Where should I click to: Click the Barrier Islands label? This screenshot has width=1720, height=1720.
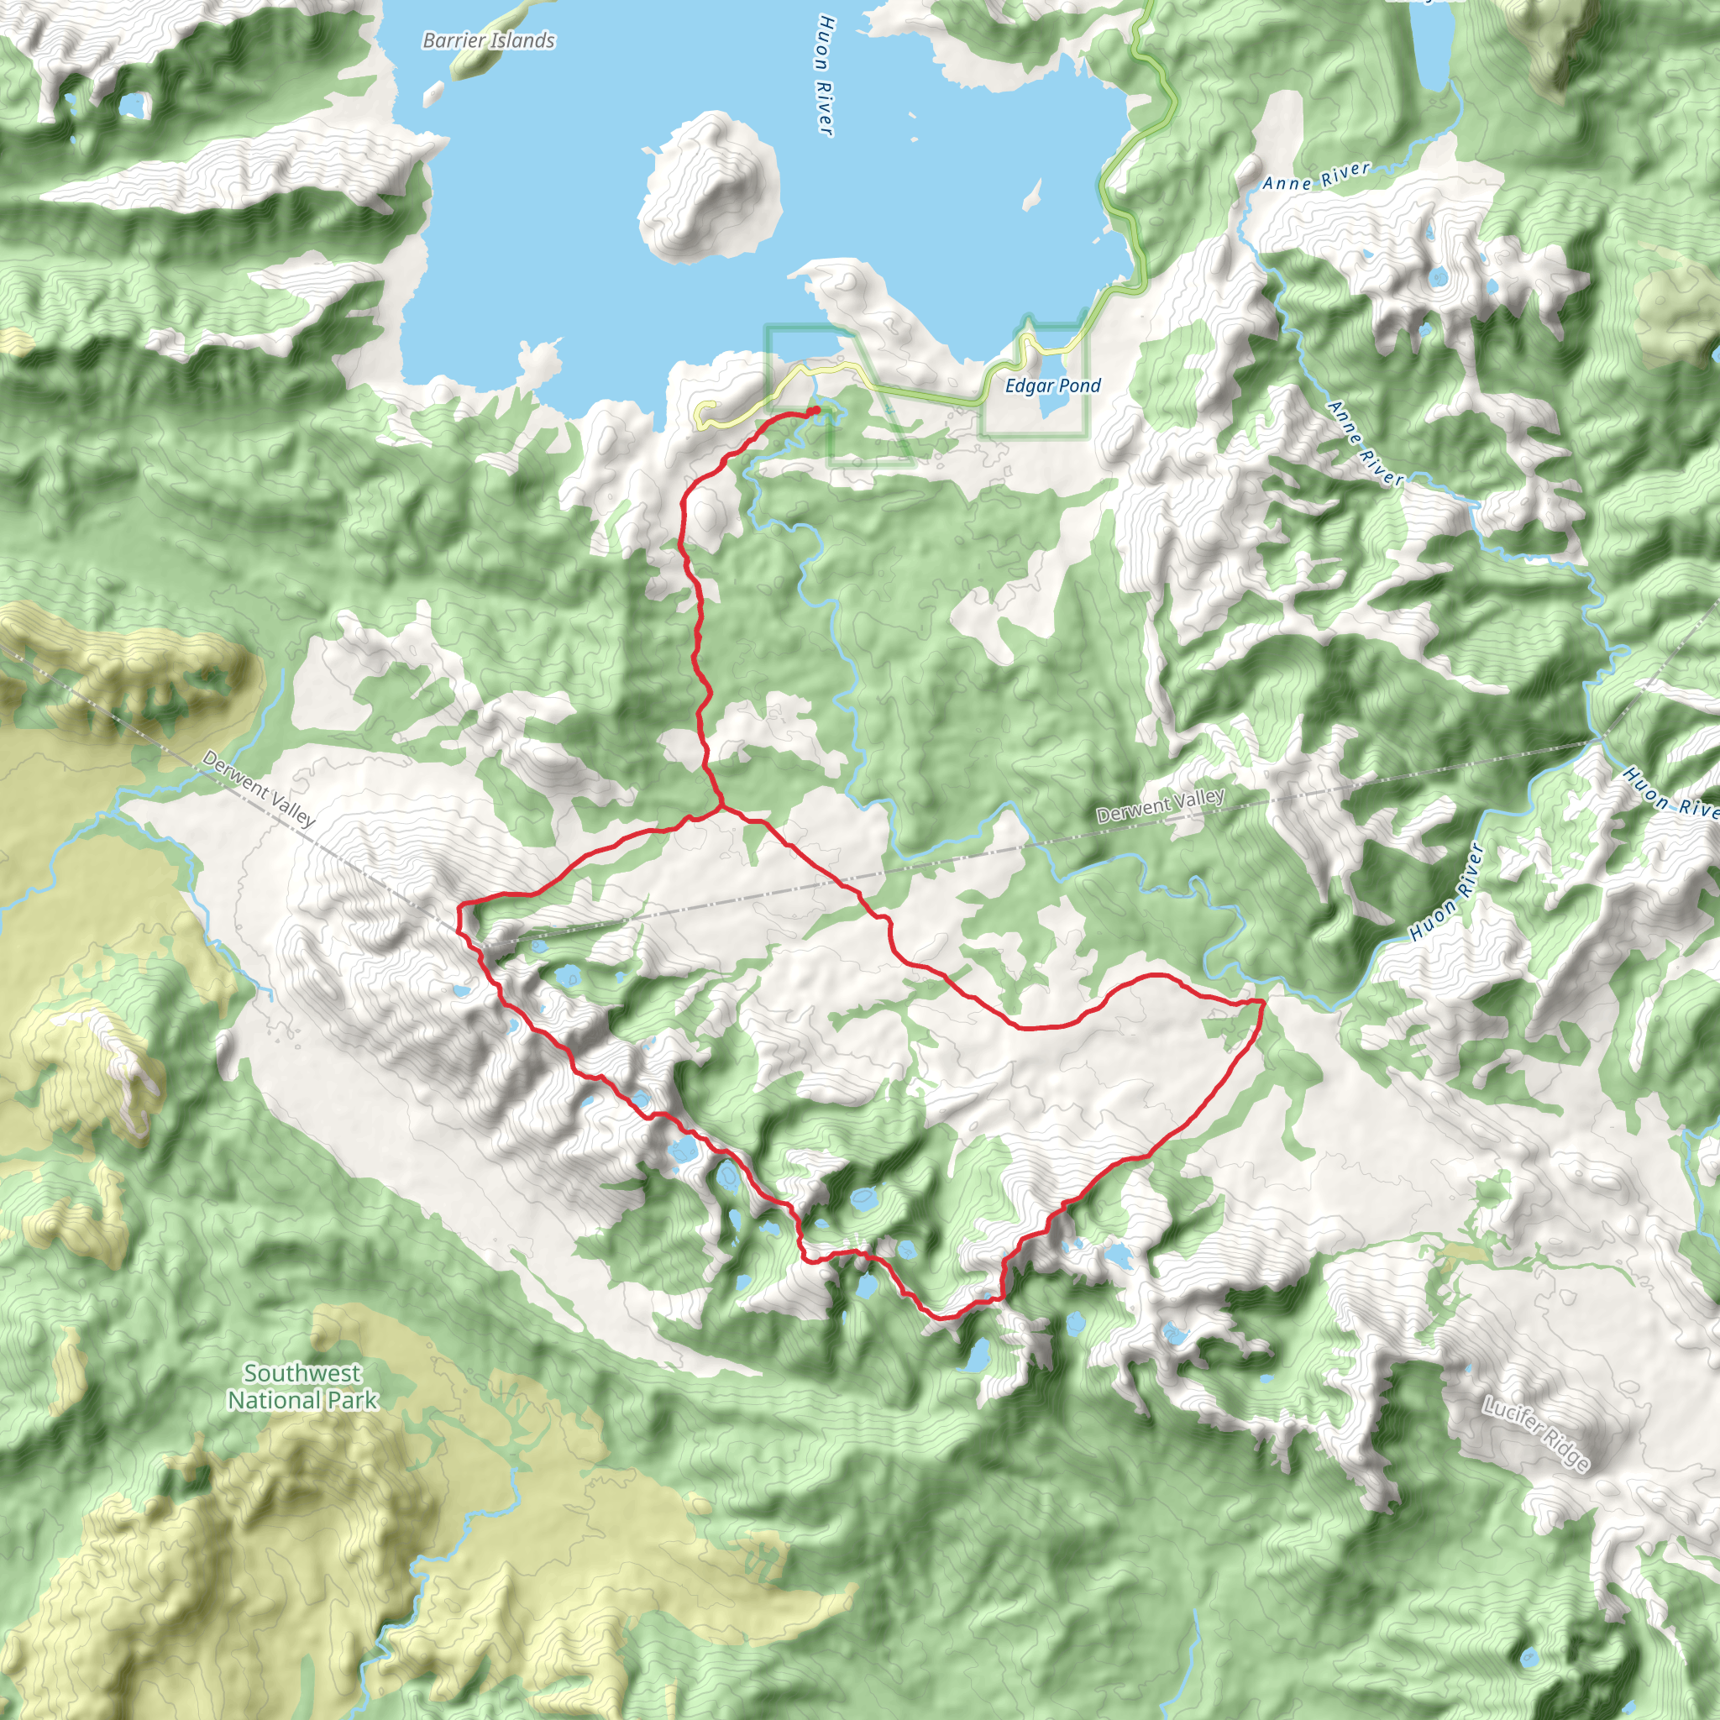tap(488, 40)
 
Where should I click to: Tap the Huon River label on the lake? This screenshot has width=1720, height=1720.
tap(826, 75)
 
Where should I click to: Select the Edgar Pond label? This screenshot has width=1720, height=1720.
tap(1052, 385)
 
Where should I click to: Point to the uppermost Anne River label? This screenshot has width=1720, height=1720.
tap(1315, 176)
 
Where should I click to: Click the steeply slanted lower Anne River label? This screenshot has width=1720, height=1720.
tap(1365, 443)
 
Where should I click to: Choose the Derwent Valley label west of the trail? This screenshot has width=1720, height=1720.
tap(258, 788)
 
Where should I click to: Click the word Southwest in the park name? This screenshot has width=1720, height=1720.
tap(302, 1373)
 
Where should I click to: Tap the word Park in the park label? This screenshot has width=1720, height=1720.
tap(353, 1400)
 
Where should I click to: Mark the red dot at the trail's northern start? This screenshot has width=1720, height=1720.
tap(815, 410)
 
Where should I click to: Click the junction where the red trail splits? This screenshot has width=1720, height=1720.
tap(720, 810)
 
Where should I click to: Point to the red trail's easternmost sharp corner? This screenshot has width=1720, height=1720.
tap(1263, 1002)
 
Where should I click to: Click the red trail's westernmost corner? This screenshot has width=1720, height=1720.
tap(459, 907)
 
